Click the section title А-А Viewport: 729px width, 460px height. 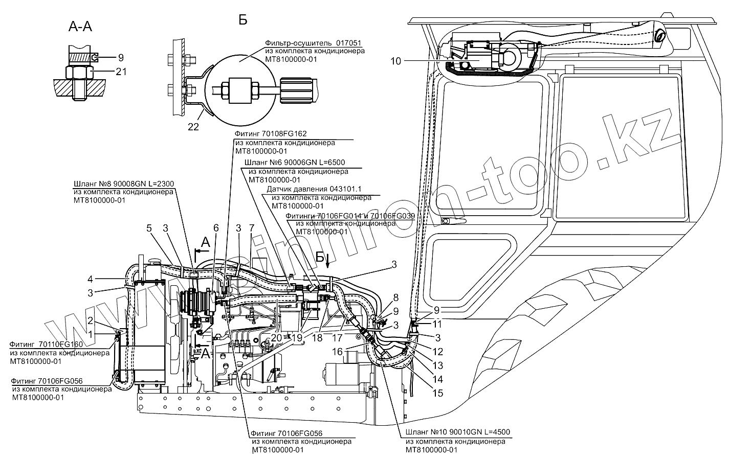[80, 27]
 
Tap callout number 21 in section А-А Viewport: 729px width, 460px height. [121, 72]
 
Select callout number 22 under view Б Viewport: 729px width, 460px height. [193, 127]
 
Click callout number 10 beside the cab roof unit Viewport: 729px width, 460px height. [395, 61]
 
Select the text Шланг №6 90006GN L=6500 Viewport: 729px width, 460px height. [295, 163]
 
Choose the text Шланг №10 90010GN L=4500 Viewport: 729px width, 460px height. [458, 432]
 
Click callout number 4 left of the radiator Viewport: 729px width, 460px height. [90, 279]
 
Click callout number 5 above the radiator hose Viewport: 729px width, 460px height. [149, 228]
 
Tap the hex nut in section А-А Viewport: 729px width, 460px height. [81, 72]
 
